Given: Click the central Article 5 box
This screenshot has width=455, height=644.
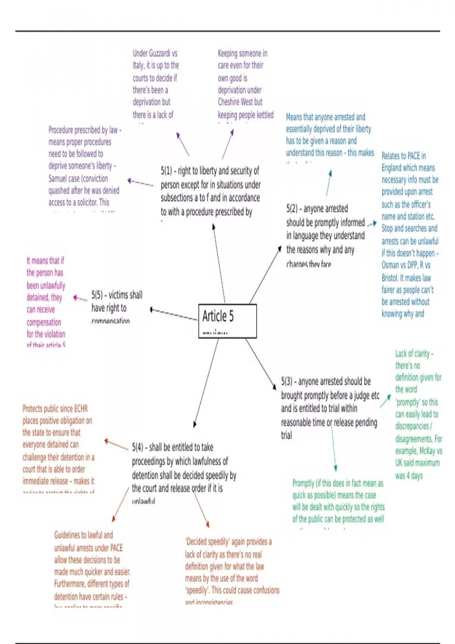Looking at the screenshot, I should [227, 320].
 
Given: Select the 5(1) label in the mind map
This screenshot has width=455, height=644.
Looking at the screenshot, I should [166, 171].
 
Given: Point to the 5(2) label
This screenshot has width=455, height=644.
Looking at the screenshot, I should [292, 209].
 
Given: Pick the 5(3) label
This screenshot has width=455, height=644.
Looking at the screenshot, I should [287, 381].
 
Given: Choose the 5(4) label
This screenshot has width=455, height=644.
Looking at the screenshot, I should [138, 447].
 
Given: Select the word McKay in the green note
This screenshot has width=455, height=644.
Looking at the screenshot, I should [427, 451].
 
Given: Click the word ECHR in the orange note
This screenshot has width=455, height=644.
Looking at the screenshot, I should [81, 409].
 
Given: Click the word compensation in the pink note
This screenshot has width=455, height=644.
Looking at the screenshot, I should [44, 322].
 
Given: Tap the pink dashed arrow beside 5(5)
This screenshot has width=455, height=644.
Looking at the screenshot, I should [80, 299].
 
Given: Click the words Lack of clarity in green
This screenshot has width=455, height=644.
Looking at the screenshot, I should [413, 354].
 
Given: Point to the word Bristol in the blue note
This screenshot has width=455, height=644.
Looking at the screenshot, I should [390, 278].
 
